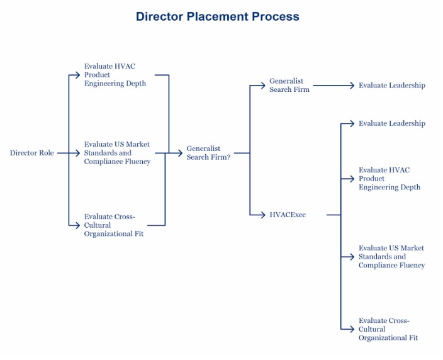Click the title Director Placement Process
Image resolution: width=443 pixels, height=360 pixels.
coord(217,16)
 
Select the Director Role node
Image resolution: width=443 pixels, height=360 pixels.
coord(31,153)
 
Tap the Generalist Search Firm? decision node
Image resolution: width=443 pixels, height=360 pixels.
coord(208,153)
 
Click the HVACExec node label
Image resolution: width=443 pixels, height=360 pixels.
coord(288,215)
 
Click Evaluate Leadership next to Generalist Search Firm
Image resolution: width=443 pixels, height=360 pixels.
coord(391,85)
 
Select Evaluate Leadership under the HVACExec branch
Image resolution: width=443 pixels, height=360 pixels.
coord(391,123)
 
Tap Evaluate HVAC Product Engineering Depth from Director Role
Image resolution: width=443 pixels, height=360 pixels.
coord(115,75)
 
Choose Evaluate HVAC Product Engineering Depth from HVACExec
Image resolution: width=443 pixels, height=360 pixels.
coord(389,178)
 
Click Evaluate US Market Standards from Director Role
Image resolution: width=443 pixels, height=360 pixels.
coord(117,153)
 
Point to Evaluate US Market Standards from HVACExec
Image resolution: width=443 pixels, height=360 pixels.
coord(391,257)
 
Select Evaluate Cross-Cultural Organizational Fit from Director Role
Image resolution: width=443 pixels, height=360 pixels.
coord(113,225)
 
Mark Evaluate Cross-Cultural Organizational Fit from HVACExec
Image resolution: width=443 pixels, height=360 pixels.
coord(388,329)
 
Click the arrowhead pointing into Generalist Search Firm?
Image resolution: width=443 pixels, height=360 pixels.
coord(181,153)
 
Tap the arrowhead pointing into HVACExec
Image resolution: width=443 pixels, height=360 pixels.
coord(263,215)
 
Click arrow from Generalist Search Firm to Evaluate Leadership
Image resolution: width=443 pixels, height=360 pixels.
coord(334,85)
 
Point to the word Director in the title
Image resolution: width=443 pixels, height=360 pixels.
coord(159,16)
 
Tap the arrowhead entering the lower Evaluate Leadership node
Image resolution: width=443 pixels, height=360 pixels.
coord(353,123)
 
